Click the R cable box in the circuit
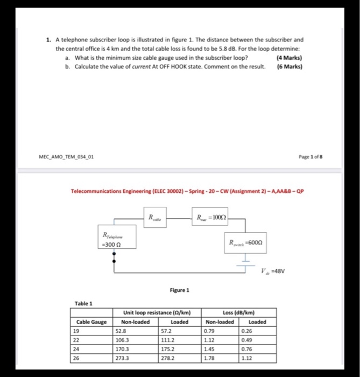[154, 218]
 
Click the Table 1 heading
[83, 303]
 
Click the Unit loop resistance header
[156, 312]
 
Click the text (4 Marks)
[288, 58]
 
